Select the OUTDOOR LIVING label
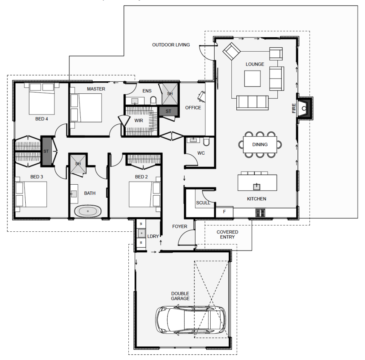coord(171,45)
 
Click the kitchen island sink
coord(256,186)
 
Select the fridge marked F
coord(224,212)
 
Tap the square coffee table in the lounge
coord(252,78)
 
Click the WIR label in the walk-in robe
coord(139,120)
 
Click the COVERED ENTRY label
coord(227,235)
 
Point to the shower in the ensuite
coord(170,94)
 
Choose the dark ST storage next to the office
coord(168,111)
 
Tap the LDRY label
coord(153,236)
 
